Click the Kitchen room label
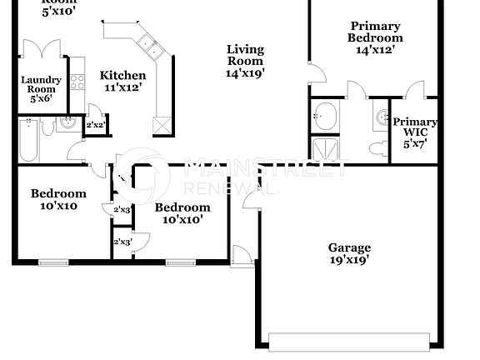[122, 75]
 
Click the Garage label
[349, 247]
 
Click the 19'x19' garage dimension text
[349, 260]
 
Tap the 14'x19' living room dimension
[245, 73]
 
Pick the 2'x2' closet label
[95, 125]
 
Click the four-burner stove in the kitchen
[77, 82]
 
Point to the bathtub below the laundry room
[27, 139]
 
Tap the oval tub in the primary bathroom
[326, 114]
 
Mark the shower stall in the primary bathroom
[326, 148]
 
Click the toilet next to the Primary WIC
[377, 147]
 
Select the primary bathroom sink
[382, 115]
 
